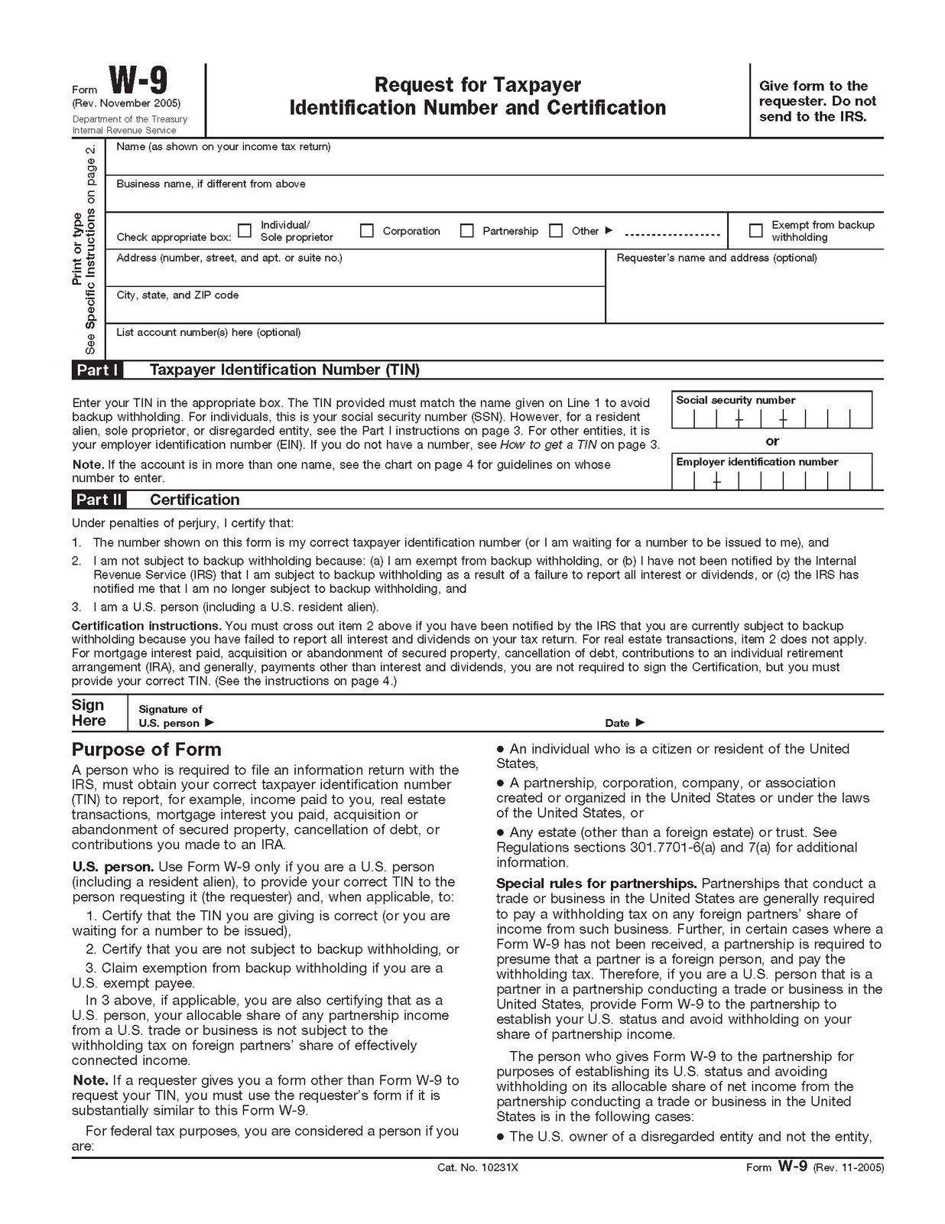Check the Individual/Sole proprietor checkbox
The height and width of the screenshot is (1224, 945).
[x=245, y=230]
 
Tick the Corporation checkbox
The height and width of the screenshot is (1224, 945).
[x=367, y=230]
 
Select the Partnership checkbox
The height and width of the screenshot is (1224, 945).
[x=466, y=230]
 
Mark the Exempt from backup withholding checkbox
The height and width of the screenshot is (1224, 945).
[x=755, y=230]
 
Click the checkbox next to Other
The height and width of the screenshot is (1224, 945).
[x=556, y=230]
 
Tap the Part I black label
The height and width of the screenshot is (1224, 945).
[x=97, y=370]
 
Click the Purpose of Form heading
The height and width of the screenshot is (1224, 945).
[x=146, y=750]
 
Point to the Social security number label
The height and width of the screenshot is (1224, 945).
[x=736, y=400]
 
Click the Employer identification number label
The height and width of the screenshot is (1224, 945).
[x=757, y=462]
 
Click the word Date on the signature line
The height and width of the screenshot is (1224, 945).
[x=617, y=723]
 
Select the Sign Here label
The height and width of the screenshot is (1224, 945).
[x=89, y=713]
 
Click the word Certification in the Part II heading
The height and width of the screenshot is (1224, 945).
[x=194, y=500]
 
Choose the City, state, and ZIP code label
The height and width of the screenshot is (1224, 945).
[x=177, y=295]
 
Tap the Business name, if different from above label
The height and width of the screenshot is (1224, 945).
[x=211, y=184]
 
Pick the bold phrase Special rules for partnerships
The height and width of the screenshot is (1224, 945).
[x=596, y=884]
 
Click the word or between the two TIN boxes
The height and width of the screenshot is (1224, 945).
[x=772, y=441]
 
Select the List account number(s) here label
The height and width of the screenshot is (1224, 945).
[x=208, y=333]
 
